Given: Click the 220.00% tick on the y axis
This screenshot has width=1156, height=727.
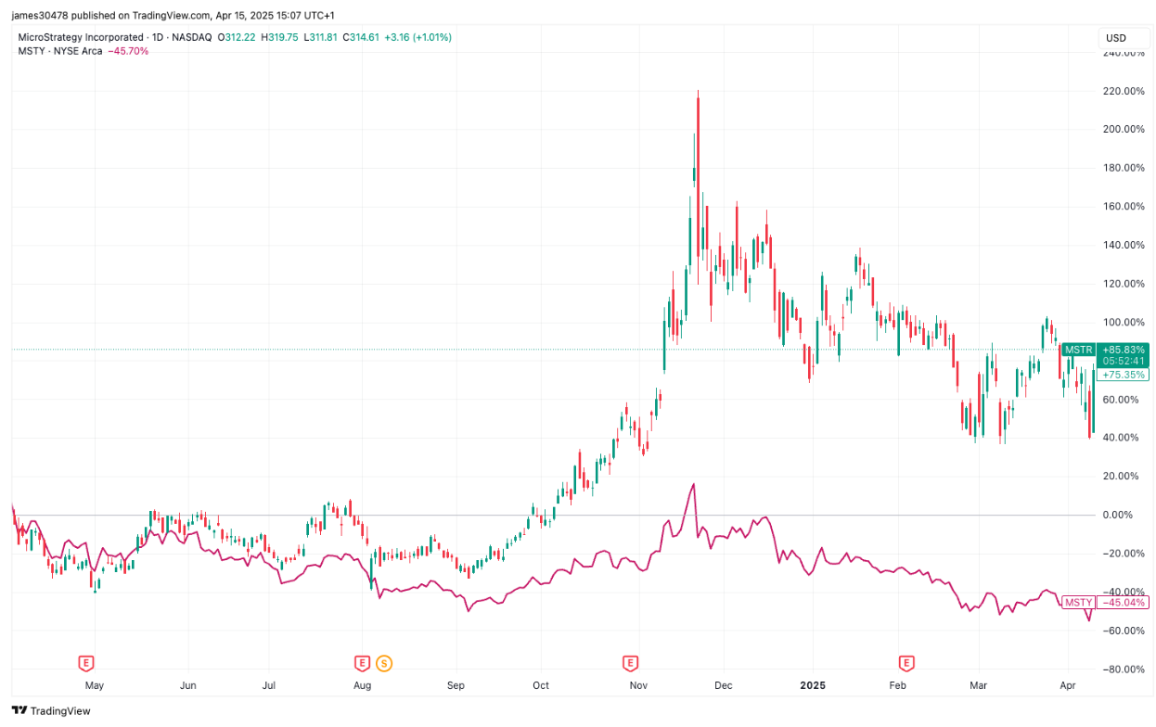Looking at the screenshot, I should click(1124, 91).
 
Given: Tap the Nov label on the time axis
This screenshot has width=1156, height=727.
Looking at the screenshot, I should click(637, 686).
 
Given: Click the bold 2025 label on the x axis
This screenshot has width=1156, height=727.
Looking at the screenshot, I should click(812, 686).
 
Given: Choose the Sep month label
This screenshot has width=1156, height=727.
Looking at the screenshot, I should click(456, 686).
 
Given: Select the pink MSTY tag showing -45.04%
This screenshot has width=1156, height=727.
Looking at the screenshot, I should click(1107, 603).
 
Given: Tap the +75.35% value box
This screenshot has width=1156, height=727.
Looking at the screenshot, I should click(1123, 375).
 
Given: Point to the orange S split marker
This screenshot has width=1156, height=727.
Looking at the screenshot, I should click(384, 663).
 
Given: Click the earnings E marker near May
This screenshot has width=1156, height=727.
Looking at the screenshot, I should click(86, 663).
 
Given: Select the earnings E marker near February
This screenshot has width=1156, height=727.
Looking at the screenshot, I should click(906, 663).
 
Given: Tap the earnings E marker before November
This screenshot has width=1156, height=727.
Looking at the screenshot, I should click(630, 663).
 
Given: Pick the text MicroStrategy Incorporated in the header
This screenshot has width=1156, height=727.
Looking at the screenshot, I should click(82, 37).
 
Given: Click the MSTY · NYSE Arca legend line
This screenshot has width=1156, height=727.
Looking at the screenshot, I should click(60, 51).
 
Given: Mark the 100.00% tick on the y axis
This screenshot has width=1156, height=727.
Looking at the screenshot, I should click(1124, 322).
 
